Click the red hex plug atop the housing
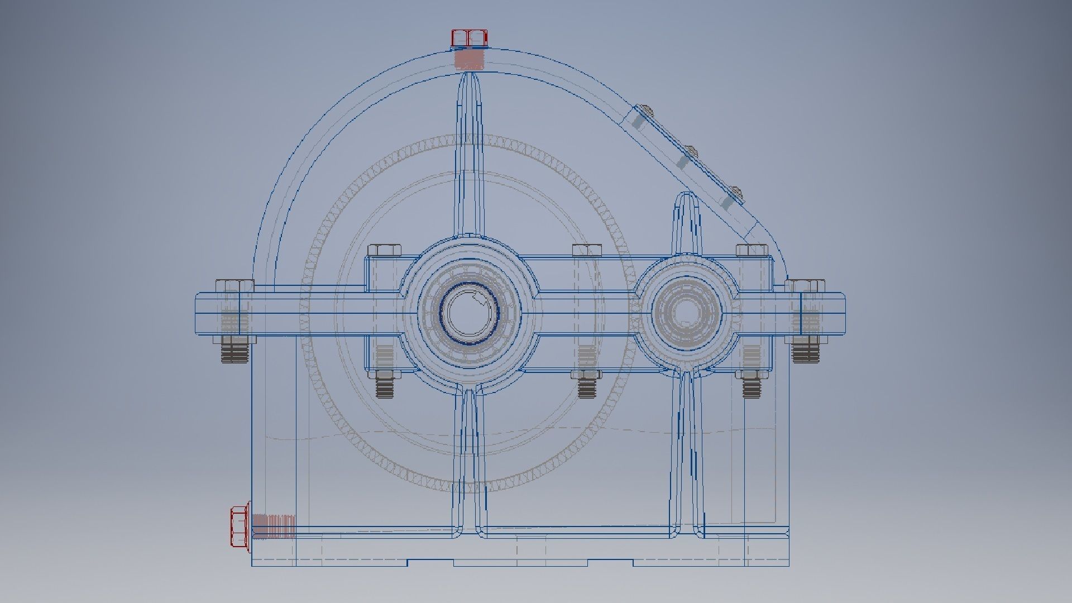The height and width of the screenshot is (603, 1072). coord(469,38)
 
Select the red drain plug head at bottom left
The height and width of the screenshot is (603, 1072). coord(240,527)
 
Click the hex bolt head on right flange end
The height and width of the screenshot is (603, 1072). coord(805,286)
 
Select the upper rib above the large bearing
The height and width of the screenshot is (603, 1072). coord(469,151)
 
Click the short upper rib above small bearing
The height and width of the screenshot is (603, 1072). coord(687,223)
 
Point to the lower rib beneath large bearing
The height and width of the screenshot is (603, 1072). coord(469,458)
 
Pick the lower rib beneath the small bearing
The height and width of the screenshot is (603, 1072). coord(687,452)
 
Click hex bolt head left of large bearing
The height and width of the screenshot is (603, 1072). coord(385,250)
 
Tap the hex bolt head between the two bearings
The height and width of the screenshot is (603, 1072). coord(587,250)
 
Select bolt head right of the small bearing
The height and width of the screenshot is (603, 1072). coord(751,250)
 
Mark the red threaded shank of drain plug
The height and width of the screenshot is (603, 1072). coord(273,527)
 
